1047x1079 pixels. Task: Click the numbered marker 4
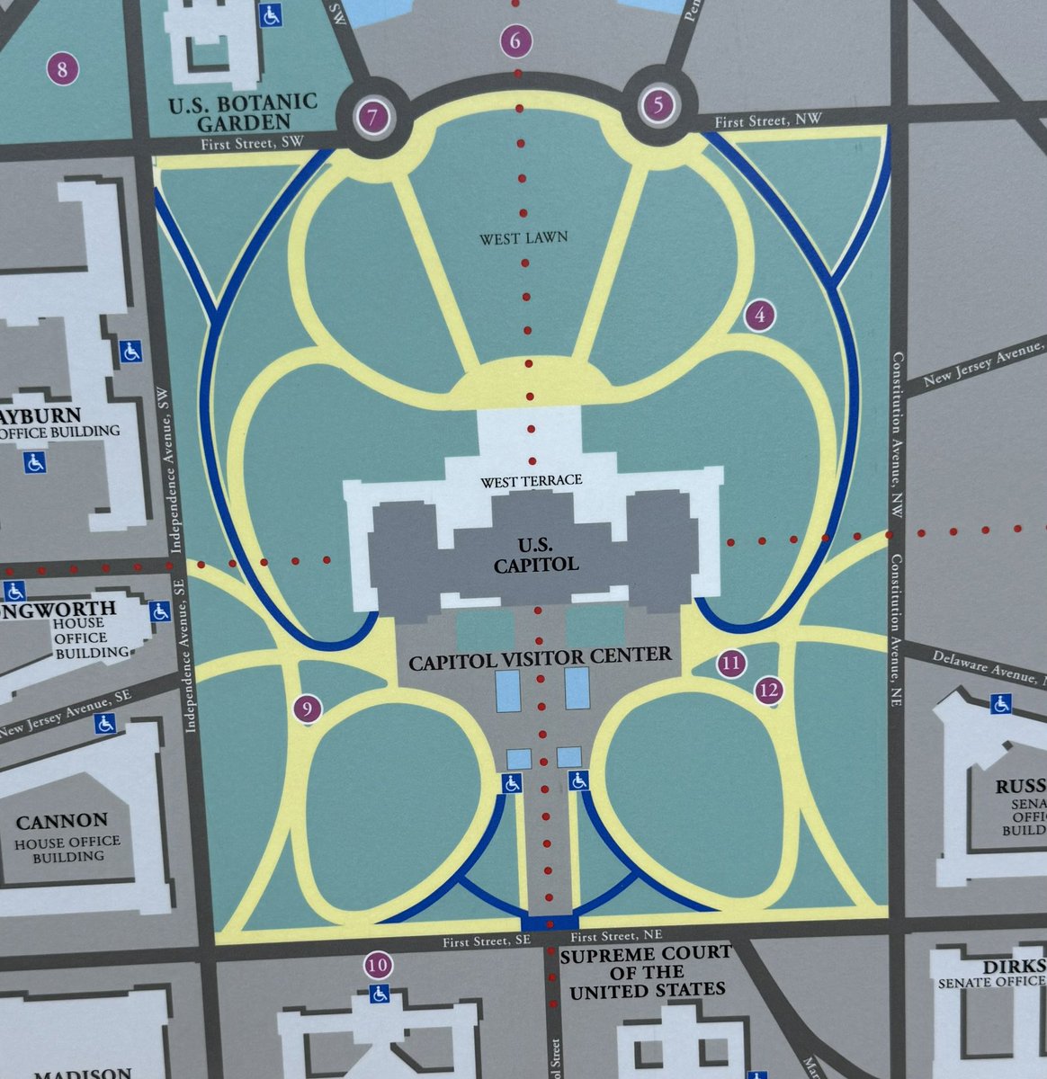pos(760,316)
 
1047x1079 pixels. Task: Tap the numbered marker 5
pos(658,106)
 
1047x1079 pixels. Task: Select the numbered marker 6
pos(515,40)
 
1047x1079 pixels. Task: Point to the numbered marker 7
pos(371,116)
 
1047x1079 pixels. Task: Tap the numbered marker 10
pos(379,967)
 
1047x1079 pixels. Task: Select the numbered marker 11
pos(730,664)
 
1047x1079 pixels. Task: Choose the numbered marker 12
pos(768,691)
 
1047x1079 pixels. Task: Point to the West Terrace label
pos(531,481)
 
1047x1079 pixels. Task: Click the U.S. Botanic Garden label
pos(243,111)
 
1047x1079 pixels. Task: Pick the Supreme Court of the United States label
pos(645,972)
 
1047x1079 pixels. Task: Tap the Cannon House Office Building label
pos(63,836)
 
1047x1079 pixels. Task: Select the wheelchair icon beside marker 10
pos(379,994)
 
